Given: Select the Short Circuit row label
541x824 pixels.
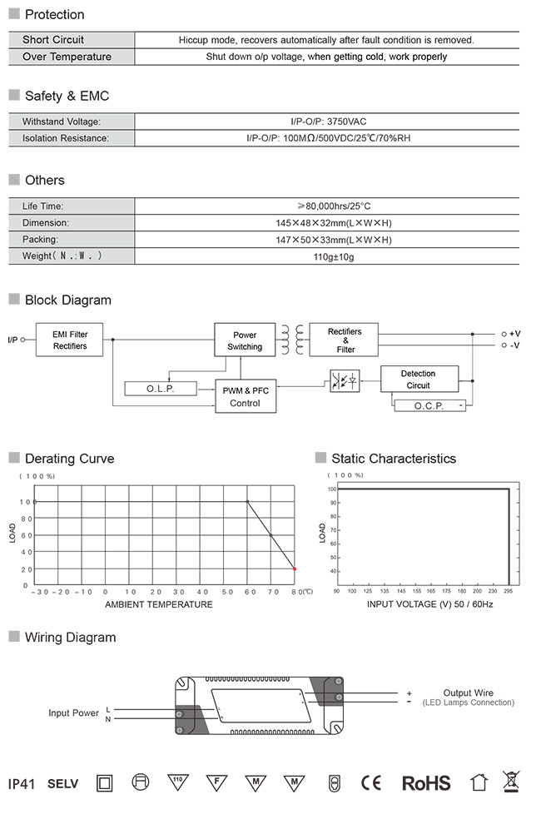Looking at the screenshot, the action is pyautogui.click(x=53, y=40).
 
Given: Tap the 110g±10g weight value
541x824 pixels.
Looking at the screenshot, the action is pyautogui.click(x=333, y=257).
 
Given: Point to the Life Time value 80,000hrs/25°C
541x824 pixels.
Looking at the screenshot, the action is pyautogui.click(x=334, y=206).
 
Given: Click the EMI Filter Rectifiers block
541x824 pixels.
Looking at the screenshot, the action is pyautogui.click(x=69, y=340).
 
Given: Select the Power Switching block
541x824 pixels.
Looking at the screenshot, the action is pyautogui.click(x=245, y=340).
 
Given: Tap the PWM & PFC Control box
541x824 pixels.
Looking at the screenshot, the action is pyautogui.click(x=246, y=396).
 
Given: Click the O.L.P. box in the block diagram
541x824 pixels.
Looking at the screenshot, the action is pyautogui.click(x=161, y=389).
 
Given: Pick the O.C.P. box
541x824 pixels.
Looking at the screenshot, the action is pyautogui.click(x=429, y=405).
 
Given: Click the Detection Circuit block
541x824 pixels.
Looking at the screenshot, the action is pyautogui.click(x=419, y=379).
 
